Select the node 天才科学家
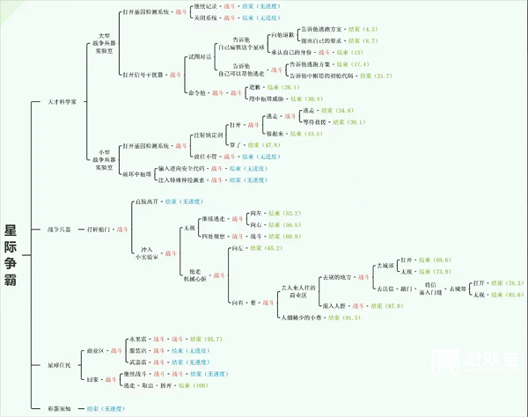coord(67,102)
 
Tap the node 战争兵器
coord(59,230)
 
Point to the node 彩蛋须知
coord(59,408)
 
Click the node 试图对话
coord(200,55)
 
